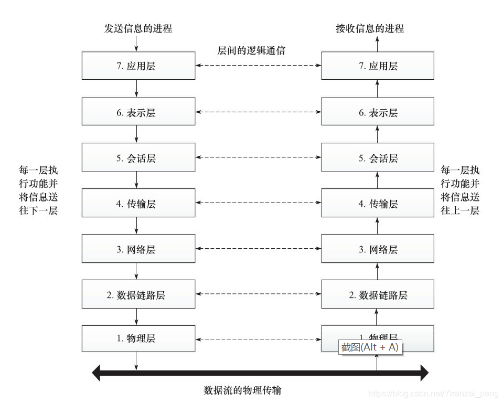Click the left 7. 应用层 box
138,66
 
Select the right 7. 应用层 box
378,66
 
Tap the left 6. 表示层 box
138,112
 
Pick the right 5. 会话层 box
378,158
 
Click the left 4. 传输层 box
138,204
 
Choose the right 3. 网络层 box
378,249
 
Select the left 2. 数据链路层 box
138,295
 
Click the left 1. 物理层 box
138,338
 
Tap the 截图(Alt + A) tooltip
370,347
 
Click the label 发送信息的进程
138,28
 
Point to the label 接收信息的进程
370,28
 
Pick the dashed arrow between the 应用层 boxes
258,66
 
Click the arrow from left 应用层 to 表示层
136,88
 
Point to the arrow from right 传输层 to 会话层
377,181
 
